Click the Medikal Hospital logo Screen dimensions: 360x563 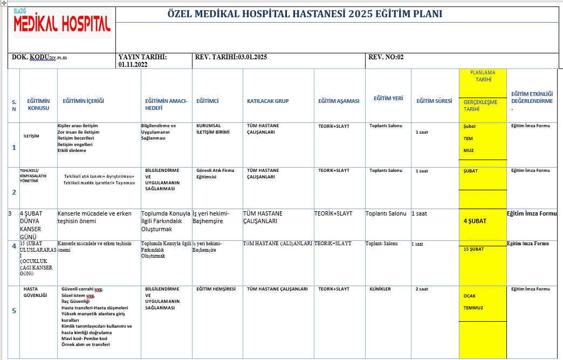pyautogui.click(x=62, y=23)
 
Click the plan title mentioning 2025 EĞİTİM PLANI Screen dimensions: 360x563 pyautogui.click(x=305, y=14)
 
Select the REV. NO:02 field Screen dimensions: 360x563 pyautogui.click(x=386, y=57)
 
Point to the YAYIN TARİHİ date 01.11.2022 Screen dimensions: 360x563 pyautogui.click(x=133, y=64)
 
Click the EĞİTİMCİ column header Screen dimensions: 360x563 pyautogui.click(x=207, y=101)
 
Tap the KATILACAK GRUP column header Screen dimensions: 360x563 pyautogui.click(x=268, y=101)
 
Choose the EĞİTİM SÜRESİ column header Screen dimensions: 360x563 pyautogui.click(x=434, y=101)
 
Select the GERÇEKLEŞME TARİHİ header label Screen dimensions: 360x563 pyautogui.click(x=480, y=105)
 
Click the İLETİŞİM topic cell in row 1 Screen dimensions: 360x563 pyautogui.click(x=32, y=136)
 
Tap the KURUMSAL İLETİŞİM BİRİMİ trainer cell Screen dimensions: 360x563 pyautogui.click(x=216, y=129)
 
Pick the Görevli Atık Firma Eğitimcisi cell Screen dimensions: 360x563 pyautogui.click(x=215, y=174)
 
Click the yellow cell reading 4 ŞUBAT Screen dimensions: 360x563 pyautogui.click(x=475, y=220)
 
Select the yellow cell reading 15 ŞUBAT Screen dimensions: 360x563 pyautogui.click(x=474, y=249)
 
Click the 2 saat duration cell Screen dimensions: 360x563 pyautogui.click(x=422, y=289)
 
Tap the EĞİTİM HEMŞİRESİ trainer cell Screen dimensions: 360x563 pyautogui.click(x=216, y=289)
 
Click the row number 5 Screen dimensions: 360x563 pyautogui.click(x=14, y=310)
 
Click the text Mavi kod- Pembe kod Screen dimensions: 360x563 pyautogui.click(x=85, y=338)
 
